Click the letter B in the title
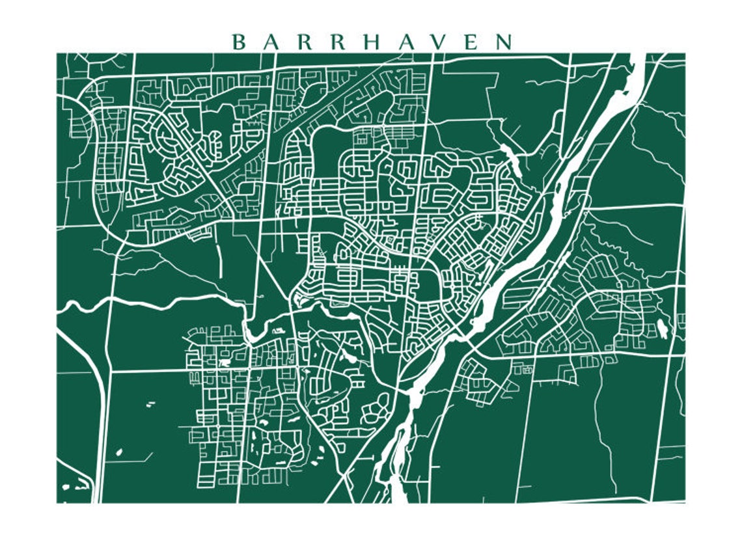pos(239,42)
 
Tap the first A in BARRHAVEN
pos(272,42)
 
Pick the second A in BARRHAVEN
pos(405,42)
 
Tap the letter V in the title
pos(438,42)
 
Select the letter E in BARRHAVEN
pos(471,42)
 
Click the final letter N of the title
pos(504,42)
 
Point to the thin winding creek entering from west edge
pos(130,302)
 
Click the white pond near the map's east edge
pos(662,329)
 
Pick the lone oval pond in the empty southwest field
pos(118,452)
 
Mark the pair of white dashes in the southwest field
pos(151,404)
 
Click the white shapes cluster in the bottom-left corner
pos(75,485)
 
